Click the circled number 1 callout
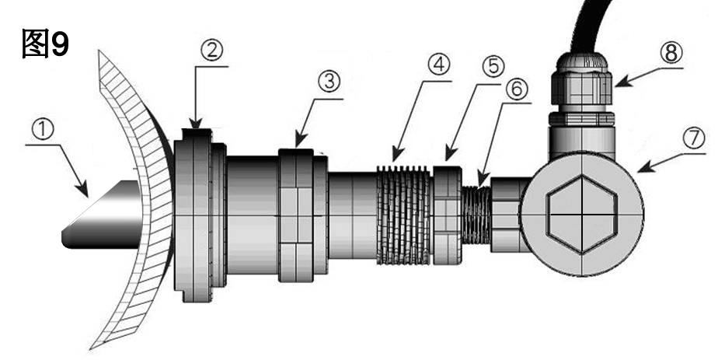(43, 130)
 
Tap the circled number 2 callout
(211, 51)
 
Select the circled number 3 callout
(329, 82)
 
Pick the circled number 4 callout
(438, 65)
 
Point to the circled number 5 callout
(493, 67)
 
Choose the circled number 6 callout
(517, 89)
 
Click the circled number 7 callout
(694, 138)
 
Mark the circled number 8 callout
(671, 54)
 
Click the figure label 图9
(45, 44)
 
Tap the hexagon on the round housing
(581, 215)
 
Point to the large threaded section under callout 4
(403, 215)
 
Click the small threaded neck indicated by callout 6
(476, 215)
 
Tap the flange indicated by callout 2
(200, 215)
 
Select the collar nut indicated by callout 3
(303, 215)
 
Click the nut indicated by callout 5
(447, 215)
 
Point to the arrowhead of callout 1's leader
(82, 190)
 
